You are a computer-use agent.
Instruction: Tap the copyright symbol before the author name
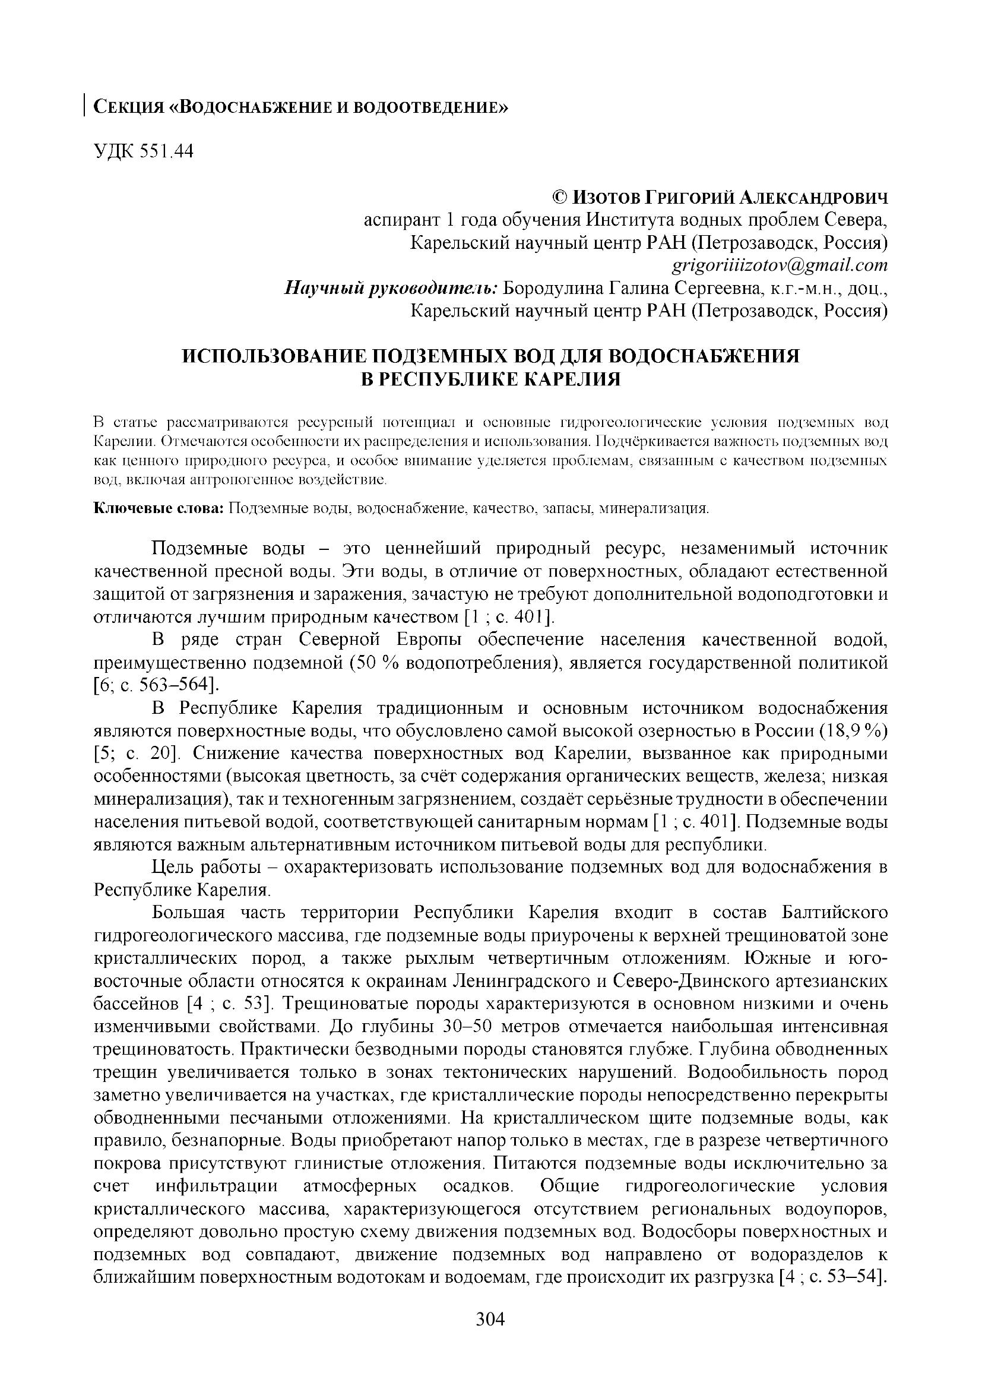pyautogui.click(x=560, y=197)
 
